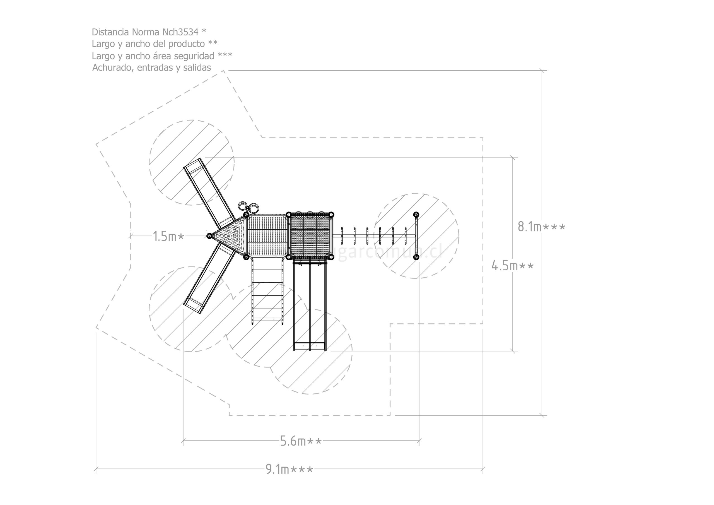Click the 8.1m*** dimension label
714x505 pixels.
click(x=541, y=227)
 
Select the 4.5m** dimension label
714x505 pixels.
click(x=512, y=266)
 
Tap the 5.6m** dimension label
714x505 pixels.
click(x=301, y=441)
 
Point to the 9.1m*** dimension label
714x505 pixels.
click(x=289, y=469)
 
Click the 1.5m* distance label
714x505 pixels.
click(x=168, y=237)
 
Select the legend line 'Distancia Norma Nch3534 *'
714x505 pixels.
click(x=149, y=32)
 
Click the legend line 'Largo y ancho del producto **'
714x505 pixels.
click(x=154, y=44)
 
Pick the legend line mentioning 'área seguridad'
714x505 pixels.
click(x=162, y=56)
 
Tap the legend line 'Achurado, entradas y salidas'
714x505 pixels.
click(x=151, y=68)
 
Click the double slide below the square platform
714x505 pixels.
click(x=310, y=305)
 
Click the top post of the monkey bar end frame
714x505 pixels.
click(x=416, y=214)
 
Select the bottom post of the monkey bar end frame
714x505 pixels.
click(x=416, y=257)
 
